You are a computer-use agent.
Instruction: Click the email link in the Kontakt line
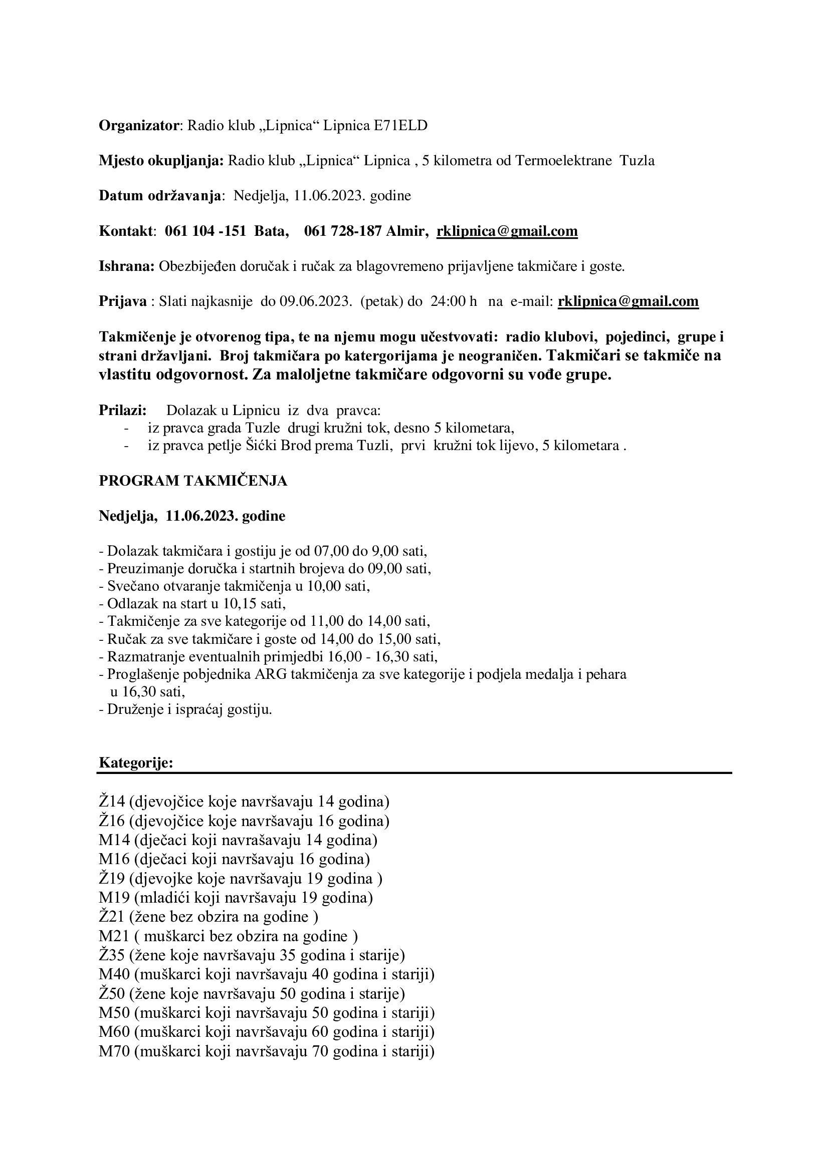pyautogui.click(x=507, y=231)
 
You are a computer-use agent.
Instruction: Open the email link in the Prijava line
pyautogui.click(x=628, y=301)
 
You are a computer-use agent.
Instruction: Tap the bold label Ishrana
pyautogui.click(x=126, y=266)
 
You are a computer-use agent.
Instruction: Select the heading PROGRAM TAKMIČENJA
pyautogui.click(x=193, y=481)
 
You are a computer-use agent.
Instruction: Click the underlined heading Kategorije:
pyautogui.click(x=136, y=762)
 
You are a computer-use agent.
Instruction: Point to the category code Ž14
pyautogui.click(x=112, y=801)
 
